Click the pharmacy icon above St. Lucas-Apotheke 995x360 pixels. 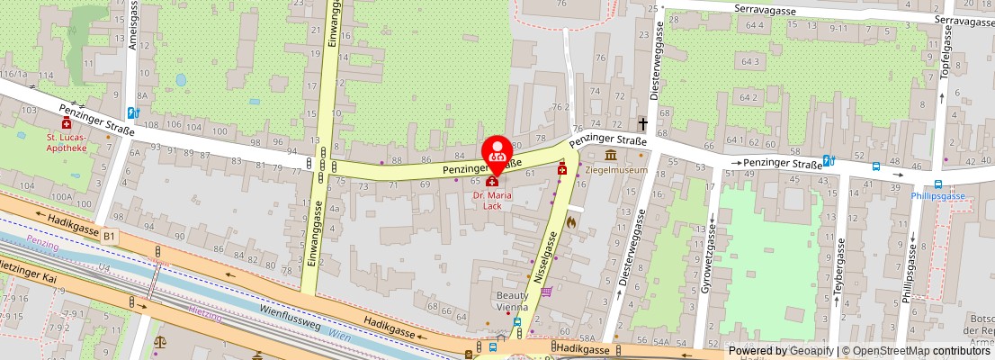pyautogui.click(x=67, y=123)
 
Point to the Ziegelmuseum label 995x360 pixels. pyautogui.click(x=616, y=169)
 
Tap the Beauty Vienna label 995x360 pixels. pyautogui.click(x=514, y=300)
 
